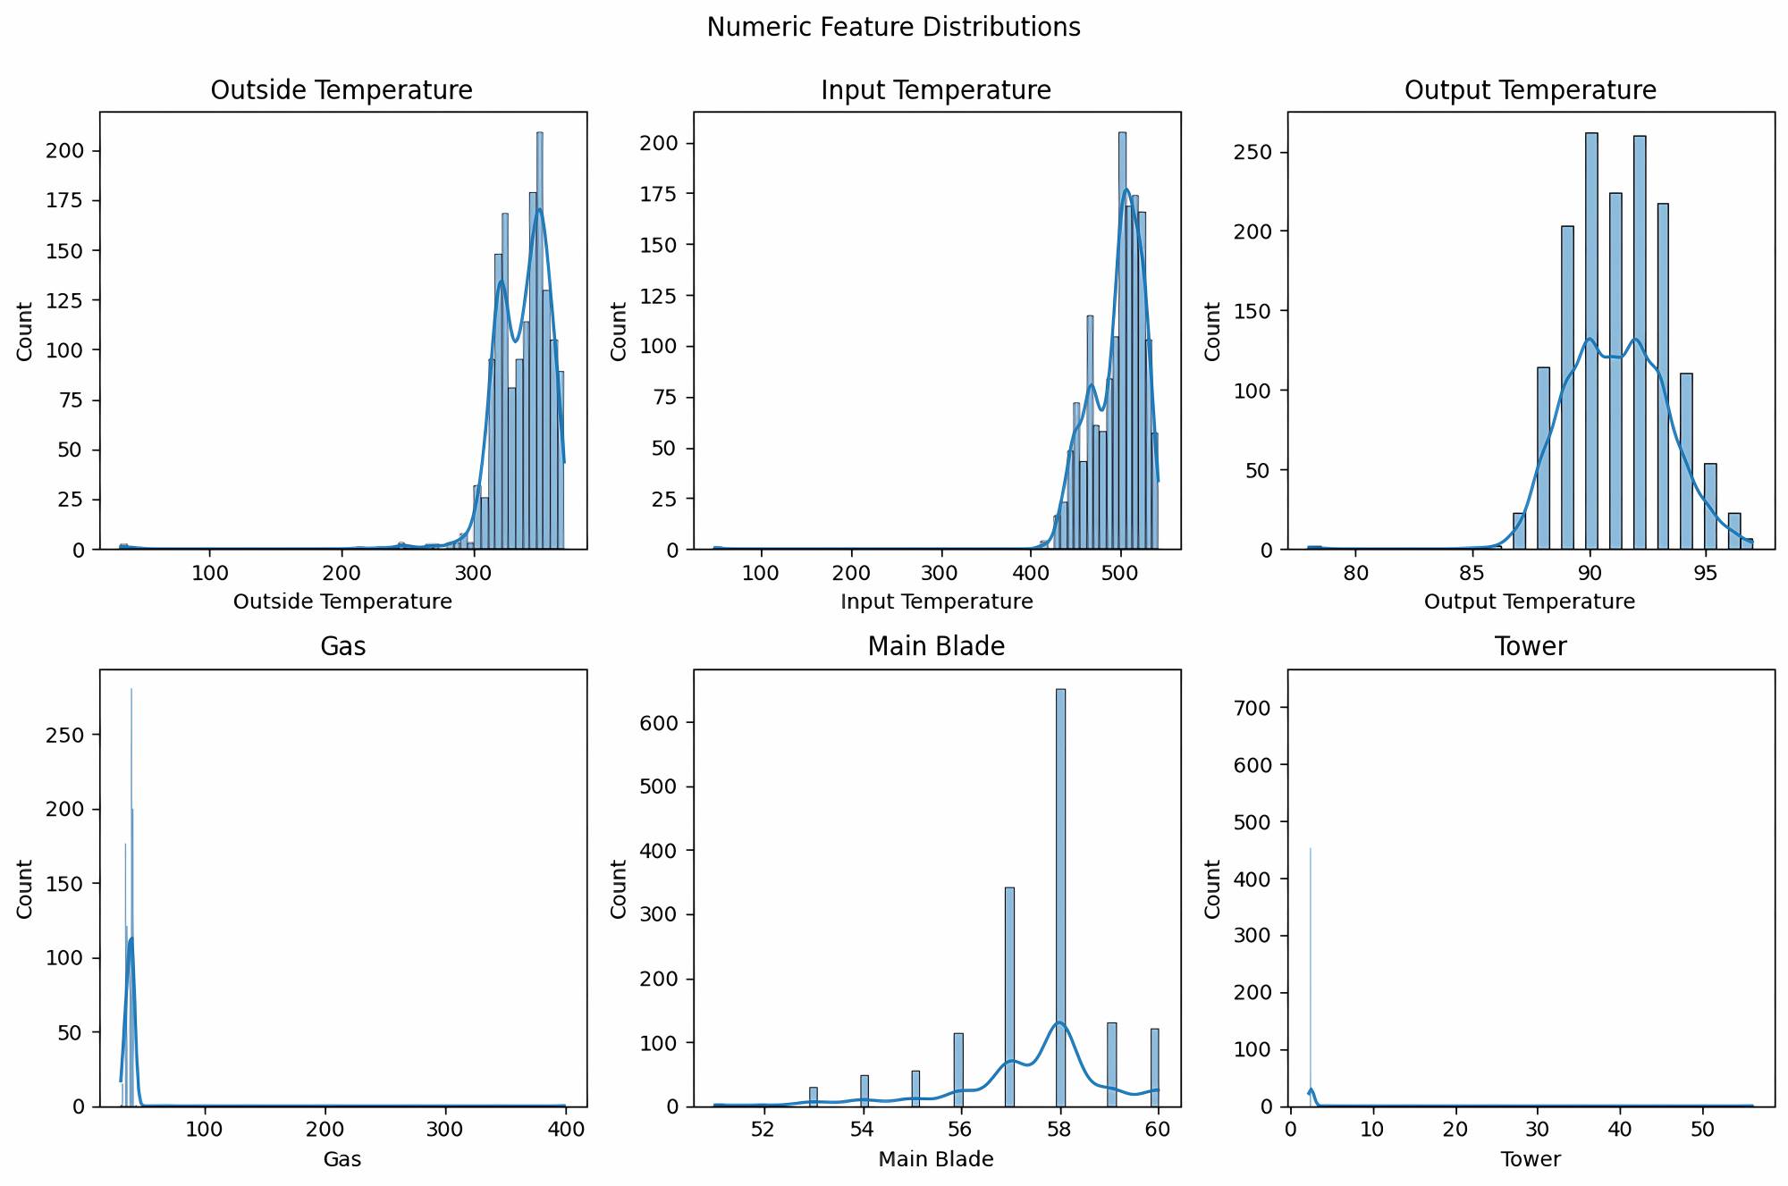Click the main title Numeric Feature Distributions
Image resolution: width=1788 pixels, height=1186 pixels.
(x=893, y=28)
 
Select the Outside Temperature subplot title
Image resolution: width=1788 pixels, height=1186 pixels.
(x=342, y=90)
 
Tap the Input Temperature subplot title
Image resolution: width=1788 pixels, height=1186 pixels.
(x=935, y=90)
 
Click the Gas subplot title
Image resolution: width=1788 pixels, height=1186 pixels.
(x=342, y=646)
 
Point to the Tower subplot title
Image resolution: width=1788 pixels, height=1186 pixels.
(x=1530, y=646)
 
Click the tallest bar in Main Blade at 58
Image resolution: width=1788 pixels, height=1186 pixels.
(x=1060, y=894)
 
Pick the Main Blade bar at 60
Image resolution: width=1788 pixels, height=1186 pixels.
(x=1154, y=1068)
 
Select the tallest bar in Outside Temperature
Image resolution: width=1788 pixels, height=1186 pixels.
(x=539, y=340)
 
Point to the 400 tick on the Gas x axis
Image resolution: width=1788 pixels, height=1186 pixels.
(x=565, y=1130)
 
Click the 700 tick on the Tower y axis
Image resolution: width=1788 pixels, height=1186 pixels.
(x=1263, y=708)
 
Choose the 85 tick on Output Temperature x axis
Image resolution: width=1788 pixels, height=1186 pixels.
(x=1472, y=572)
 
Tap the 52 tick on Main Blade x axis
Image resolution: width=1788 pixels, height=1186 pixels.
(x=763, y=1130)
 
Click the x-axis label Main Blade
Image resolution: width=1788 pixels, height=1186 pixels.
(x=935, y=1160)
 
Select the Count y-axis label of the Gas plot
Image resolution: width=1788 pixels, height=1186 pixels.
(x=25, y=888)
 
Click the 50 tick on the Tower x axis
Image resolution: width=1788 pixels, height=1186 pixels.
(x=1702, y=1130)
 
